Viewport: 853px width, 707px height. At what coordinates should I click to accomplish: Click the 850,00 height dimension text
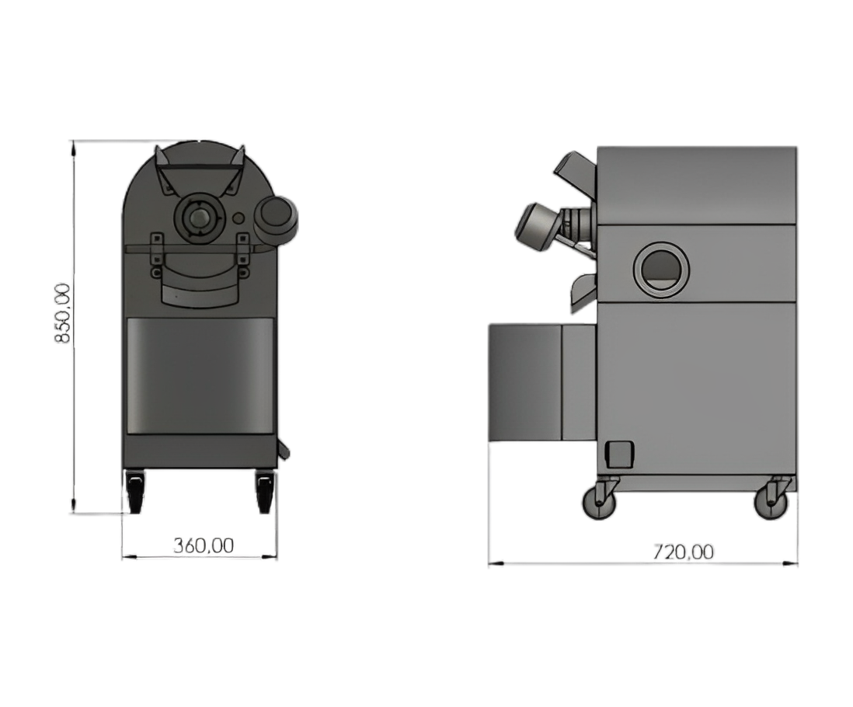64,312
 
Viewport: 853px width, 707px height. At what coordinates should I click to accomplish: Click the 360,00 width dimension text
204,545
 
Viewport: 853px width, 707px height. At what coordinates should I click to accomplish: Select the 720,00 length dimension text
683,552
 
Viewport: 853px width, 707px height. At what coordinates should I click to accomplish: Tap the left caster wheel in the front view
134,492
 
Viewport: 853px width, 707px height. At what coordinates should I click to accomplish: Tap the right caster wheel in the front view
264,492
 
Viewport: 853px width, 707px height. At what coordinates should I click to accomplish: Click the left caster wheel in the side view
600,502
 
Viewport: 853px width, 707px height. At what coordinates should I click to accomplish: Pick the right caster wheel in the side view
771,502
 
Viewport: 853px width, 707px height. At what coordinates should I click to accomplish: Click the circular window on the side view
661,269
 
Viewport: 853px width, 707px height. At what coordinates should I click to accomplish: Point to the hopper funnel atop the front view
199,169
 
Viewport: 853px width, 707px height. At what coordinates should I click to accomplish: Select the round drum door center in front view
199,218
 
